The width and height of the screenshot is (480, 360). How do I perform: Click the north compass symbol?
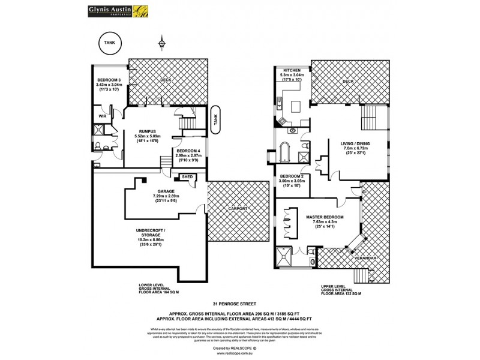(161, 43)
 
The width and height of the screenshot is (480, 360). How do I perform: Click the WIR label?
(102, 115)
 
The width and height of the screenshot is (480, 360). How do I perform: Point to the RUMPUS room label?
(148, 131)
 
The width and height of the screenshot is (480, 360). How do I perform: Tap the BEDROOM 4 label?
(188, 150)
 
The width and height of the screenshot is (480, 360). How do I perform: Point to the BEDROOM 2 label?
(290, 176)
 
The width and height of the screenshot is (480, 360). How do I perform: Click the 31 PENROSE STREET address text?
(239, 304)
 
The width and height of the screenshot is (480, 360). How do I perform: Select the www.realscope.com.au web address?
(239, 353)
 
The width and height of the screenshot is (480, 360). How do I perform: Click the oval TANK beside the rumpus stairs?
(215, 120)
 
